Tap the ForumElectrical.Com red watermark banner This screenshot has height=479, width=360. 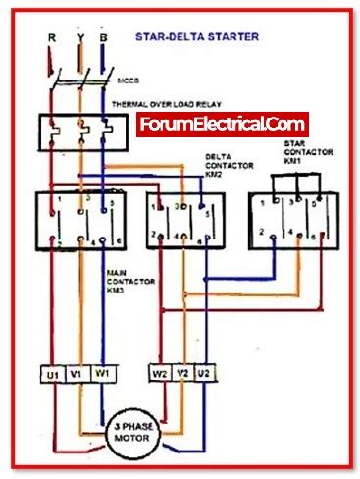[x=223, y=126]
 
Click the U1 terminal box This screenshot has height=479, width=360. [x=51, y=374]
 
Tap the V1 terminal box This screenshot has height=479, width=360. [x=77, y=374]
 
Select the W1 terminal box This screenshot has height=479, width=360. [x=102, y=374]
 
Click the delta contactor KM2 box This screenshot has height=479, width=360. [x=180, y=221]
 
